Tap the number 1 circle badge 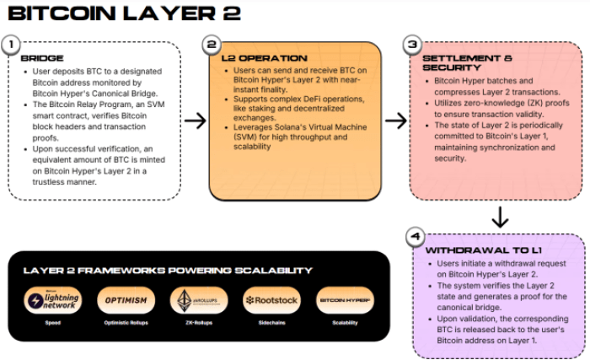pyautogui.click(x=10, y=44)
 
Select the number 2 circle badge pyautogui.click(x=212, y=44)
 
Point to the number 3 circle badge pyautogui.click(x=411, y=44)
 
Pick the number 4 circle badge pyautogui.click(x=414, y=238)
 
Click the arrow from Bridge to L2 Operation pyautogui.click(x=195, y=121)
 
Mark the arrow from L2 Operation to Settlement pyautogui.click(x=395, y=121)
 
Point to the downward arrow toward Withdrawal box pyautogui.click(x=500, y=218)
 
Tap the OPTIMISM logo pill pyautogui.click(x=126, y=299)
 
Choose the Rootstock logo pyautogui.click(x=271, y=300)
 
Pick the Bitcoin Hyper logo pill pyautogui.click(x=345, y=299)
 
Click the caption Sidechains pyautogui.click(x=271, y=321)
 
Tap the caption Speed pyautogui.click(x=53, y=321)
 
